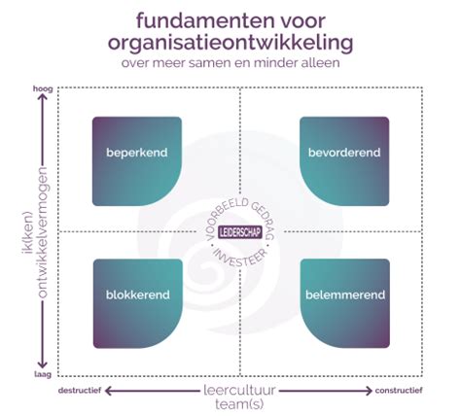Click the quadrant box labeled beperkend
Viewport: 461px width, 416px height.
tap(136, 160)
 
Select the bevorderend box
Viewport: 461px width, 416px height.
tap(344, 160)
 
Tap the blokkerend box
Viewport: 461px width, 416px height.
tap(136, 302)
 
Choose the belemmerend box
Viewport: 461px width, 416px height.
tap(344, 302)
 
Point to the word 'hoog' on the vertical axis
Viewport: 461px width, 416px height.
tap(41, 87)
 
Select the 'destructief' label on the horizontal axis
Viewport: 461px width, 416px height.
tap(81, 391)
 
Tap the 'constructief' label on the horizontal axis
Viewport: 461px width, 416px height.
tap(401, 391)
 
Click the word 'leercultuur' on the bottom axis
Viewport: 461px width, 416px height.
tap(240, 389)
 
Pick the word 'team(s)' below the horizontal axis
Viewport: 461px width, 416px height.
tap(241, 403)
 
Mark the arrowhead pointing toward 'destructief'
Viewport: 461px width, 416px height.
tap(111, 391)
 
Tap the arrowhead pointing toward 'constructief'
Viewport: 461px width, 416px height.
tap(370, 391)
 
